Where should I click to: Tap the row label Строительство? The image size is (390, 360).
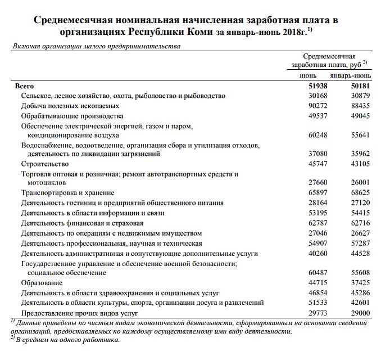45,164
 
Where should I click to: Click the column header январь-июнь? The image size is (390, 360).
350,75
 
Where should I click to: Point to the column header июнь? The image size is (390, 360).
308,75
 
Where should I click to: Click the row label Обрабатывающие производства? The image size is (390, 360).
72,116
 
